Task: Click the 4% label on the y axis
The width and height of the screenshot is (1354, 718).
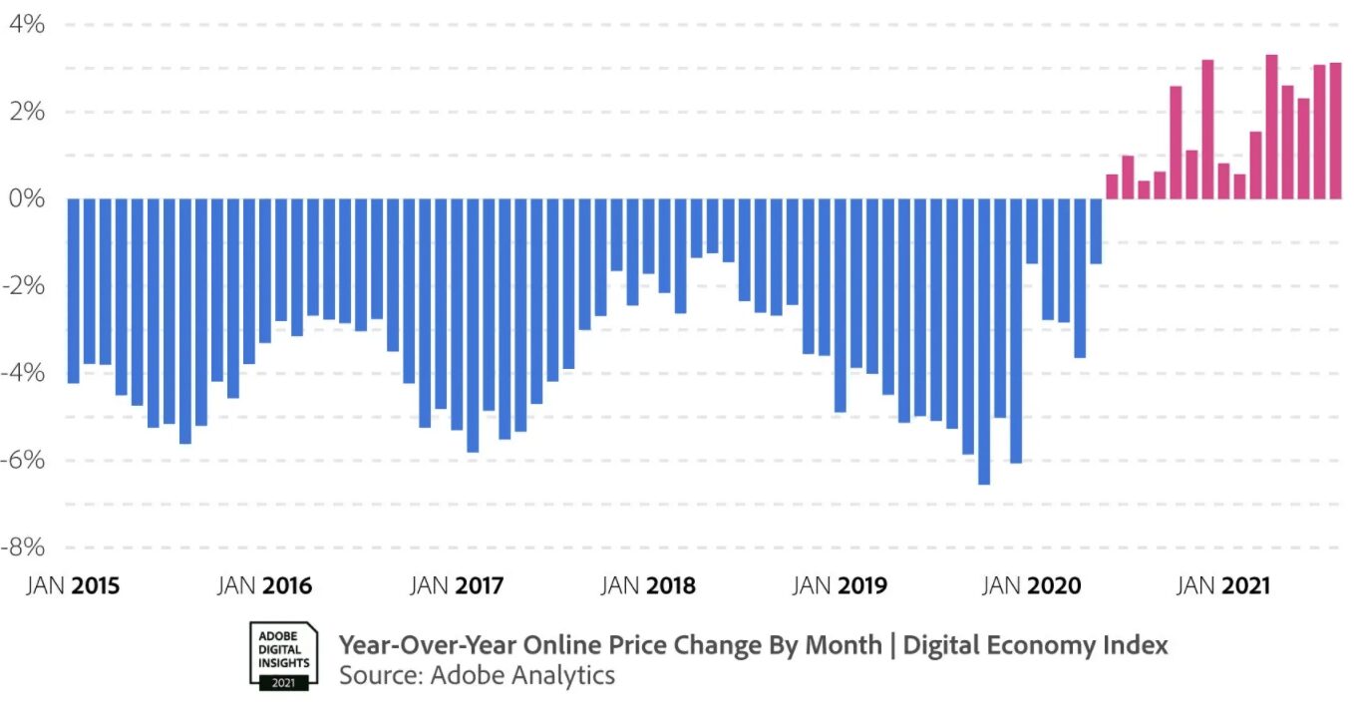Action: (28, 24)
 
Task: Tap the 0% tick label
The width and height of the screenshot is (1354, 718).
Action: (28, 198)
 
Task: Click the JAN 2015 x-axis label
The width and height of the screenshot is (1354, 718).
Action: (72, 586)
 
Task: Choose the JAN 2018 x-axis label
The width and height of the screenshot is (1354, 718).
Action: (648, 586)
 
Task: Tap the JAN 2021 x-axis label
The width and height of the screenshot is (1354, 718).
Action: (1223, 586)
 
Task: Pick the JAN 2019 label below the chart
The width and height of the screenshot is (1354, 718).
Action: (840, 586)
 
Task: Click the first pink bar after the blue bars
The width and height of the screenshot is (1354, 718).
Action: (1112, 186)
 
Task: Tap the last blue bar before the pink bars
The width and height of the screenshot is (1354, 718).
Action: (1096, 230)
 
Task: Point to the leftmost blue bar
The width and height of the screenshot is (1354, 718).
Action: (73, 290)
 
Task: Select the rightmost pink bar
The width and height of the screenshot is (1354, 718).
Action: (1335, 131)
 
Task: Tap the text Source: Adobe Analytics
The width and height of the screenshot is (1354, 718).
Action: (477, 675)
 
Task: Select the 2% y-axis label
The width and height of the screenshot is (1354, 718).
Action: (28, 112)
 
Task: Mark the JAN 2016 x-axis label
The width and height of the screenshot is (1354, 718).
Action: (264, 586)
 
